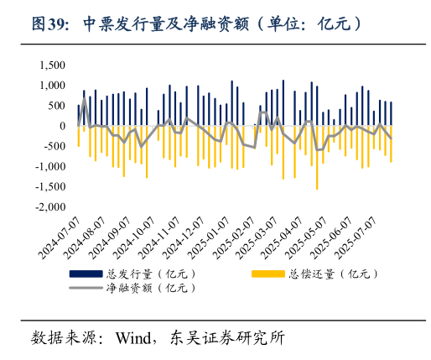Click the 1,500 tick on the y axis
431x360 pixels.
point(52,65)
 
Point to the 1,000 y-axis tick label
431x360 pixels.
point(52,86)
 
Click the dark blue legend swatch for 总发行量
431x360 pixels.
point(88,274)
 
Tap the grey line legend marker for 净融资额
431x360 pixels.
point(88,288)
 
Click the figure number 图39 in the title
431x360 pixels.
point(50,24)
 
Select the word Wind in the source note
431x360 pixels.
point(133,339)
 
